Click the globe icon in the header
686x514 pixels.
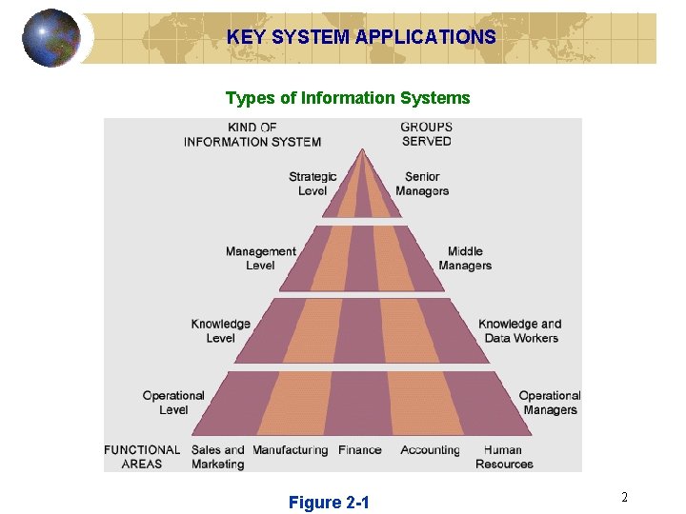point(51,38)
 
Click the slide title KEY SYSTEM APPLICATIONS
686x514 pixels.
point(361,38)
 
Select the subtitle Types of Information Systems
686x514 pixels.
point(348,98)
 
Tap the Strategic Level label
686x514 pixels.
point(313,184)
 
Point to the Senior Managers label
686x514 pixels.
point(422,184)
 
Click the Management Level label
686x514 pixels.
point(260,258)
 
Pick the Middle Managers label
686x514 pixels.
point(465,258)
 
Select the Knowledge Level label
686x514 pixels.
point(220,330)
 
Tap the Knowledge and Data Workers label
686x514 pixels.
point(520,330)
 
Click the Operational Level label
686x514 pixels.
point(173,403)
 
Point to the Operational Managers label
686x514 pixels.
point(550,403)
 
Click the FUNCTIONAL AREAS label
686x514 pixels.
point(142,457)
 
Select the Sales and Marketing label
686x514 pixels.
point(217,457)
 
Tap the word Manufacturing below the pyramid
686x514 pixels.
point(291,450)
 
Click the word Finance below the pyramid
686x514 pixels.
point(360,450)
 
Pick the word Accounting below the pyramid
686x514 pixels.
point(430,450)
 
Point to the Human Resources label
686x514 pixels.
point(504,457)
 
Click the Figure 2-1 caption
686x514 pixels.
point(329,503)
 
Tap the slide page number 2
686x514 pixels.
point(624,497)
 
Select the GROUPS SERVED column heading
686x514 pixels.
point(426,134)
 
